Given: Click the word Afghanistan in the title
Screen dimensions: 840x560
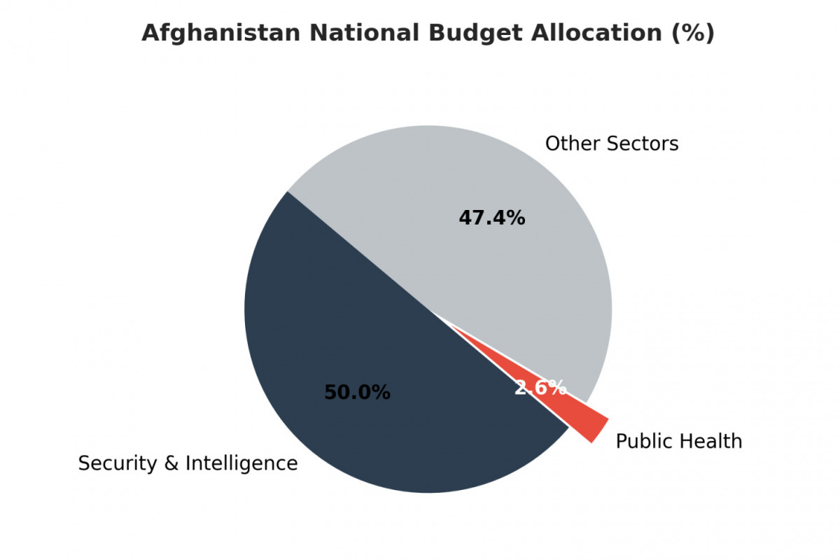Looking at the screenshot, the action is [x=221, y=34].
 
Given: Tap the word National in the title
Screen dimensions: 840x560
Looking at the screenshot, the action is [x=365, y=33].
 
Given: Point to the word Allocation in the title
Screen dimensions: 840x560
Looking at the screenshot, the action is [x=596, y=33].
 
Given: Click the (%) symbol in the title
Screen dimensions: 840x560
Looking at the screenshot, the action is [x=693, y=34].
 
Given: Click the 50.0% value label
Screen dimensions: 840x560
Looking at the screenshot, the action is [x=358, y=393].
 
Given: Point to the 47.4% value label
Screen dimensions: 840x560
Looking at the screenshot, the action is [x=492, y=218].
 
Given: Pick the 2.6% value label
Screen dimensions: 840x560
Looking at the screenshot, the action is [x=540, y=388].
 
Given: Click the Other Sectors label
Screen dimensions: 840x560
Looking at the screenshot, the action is [x=612, y=144].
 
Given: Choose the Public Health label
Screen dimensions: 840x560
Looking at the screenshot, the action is [x=679, y=442].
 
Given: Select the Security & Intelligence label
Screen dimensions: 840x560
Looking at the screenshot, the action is [x=188, y=463].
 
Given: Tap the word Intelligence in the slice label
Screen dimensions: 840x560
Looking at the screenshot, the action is [x=241, y=464].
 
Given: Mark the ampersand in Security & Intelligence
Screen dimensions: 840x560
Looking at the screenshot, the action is [x=171, y=463].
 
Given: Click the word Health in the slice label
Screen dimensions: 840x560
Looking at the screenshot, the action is [x=709, y=442].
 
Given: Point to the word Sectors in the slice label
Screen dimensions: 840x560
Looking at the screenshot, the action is [x=643, y=144].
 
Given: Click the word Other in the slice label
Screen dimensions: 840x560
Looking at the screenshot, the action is [x=572, y=144].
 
